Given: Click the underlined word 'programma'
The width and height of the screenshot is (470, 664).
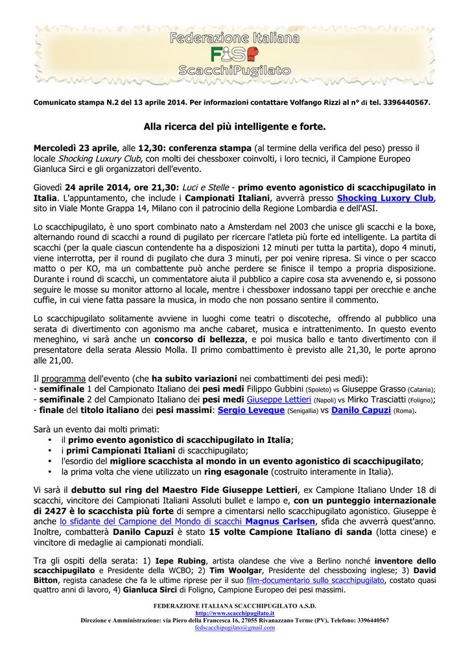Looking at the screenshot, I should coord(64,378).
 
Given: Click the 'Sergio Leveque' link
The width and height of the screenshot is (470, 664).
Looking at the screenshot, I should coord(251,410).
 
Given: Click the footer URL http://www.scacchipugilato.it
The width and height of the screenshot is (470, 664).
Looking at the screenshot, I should coord(235,613).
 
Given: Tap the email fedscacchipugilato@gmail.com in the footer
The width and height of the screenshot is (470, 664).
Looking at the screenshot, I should coord(235,628).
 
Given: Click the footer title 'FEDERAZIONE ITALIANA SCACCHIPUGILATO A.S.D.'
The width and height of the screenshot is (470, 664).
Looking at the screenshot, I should coord(235,606).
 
